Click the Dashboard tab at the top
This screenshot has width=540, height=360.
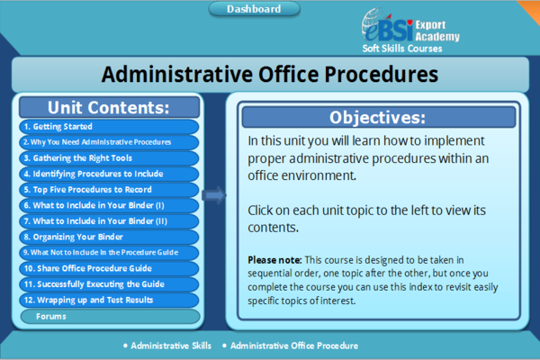254,10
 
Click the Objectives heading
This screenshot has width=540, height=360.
377,117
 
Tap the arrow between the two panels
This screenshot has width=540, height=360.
213,193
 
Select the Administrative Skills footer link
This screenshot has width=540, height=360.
171,346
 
